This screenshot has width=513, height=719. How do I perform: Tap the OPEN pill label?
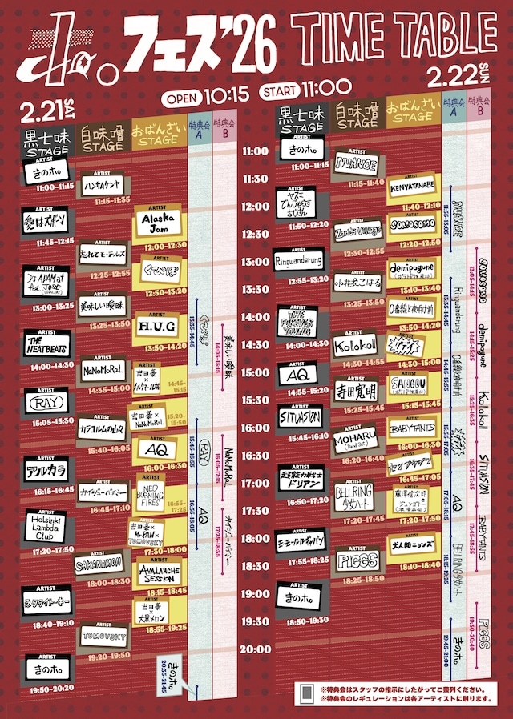tap(184, 99)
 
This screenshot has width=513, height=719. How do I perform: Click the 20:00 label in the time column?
tap(256, 649)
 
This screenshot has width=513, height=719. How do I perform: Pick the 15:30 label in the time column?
tap(256, 400)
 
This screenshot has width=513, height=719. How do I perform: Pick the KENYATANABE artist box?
tap(413, 187)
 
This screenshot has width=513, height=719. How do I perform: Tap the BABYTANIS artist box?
tap(413, 428)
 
